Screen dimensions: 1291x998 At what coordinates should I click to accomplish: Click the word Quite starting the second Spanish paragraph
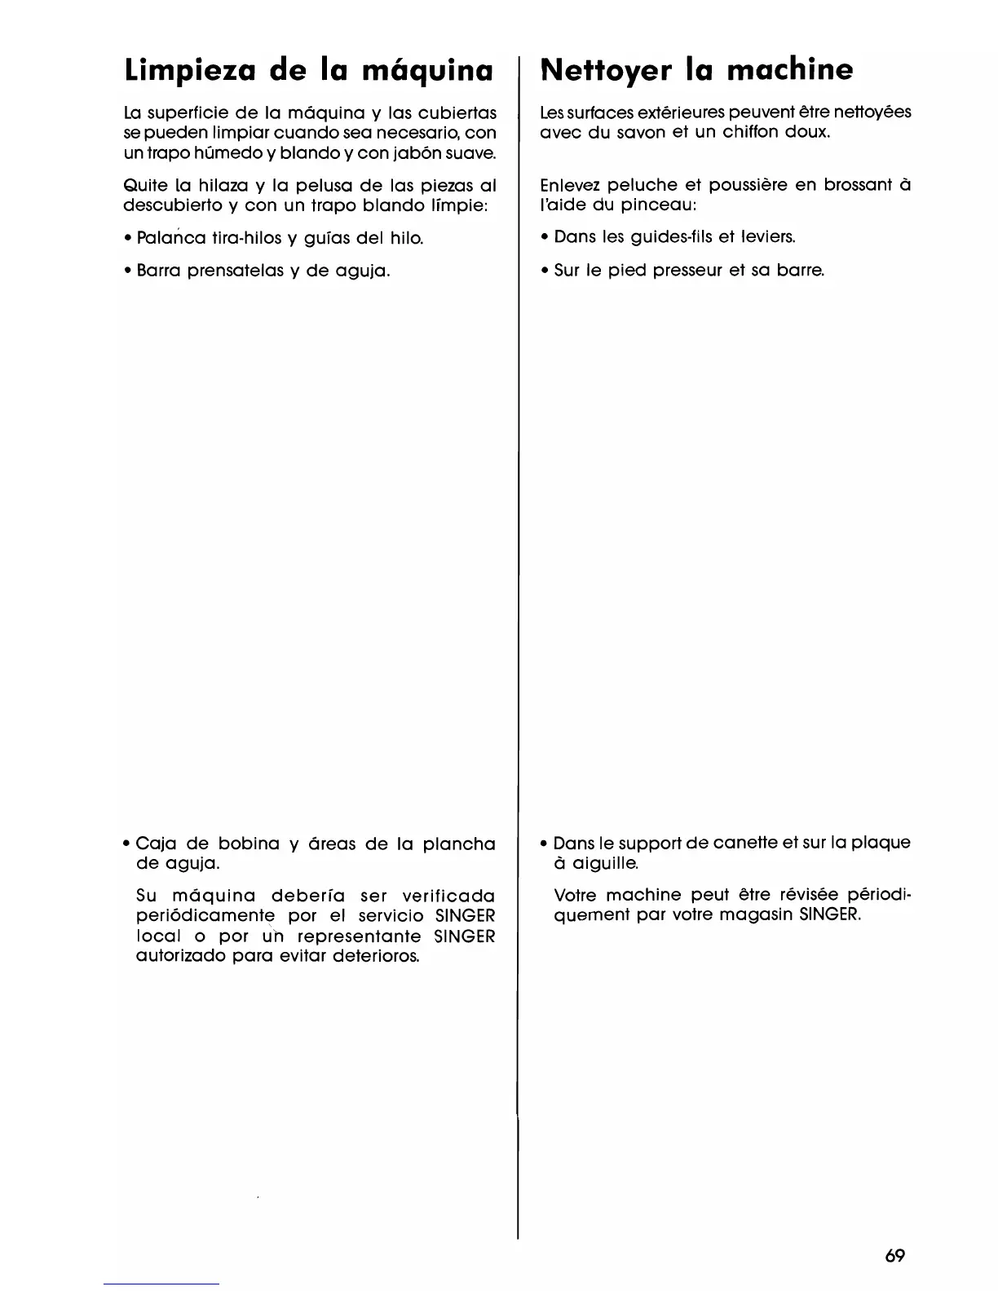pos(141,186)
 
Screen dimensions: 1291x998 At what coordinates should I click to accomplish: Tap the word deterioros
pos(376,955)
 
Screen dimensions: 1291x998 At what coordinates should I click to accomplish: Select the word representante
pos(359,936)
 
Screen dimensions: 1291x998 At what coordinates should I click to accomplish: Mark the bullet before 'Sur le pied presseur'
pos(544,270)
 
